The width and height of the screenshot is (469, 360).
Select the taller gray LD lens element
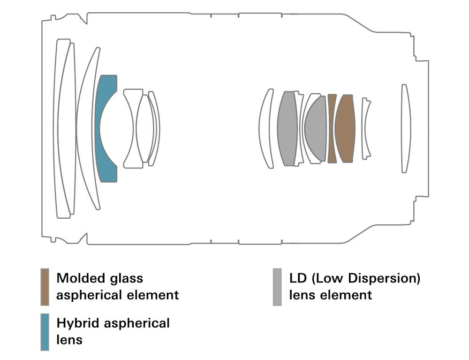(287, 128)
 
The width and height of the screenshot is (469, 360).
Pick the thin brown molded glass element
(332, 128)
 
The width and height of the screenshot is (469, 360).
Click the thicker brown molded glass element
(346, 128)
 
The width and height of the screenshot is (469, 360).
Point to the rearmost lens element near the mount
(406, 128)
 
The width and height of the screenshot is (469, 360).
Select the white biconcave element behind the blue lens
(133, 128)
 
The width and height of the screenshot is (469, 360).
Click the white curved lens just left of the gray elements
(266, 128)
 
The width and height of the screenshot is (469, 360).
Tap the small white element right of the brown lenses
(366, 128)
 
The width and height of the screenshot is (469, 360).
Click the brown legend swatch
(45, 286)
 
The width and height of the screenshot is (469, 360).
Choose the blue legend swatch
(45, 332)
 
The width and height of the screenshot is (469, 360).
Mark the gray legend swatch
(277, 286)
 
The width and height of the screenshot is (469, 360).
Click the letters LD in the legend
(298, 278)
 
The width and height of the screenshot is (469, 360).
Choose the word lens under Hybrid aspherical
(69, 339)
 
